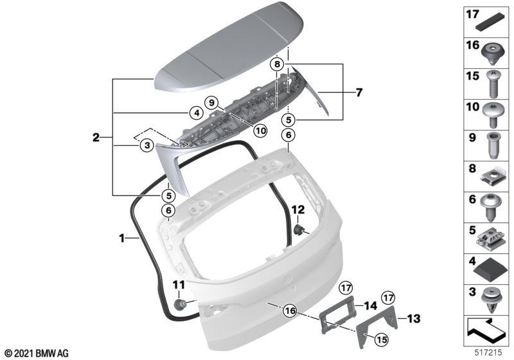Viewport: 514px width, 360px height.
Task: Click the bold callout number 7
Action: coord(359,93)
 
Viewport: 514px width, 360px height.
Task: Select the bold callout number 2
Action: coord(96,137)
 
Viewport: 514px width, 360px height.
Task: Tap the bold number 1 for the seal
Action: coord(121,239)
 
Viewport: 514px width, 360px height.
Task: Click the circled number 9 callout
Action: coord(211,103)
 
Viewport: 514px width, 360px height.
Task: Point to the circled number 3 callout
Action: coord(147,145)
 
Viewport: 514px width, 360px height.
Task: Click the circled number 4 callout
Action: coord(197,113)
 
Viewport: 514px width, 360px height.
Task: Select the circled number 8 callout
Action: coord(278,64)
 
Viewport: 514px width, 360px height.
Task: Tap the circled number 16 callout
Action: coord(291,310)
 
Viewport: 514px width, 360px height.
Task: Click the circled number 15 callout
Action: coord(382,339)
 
